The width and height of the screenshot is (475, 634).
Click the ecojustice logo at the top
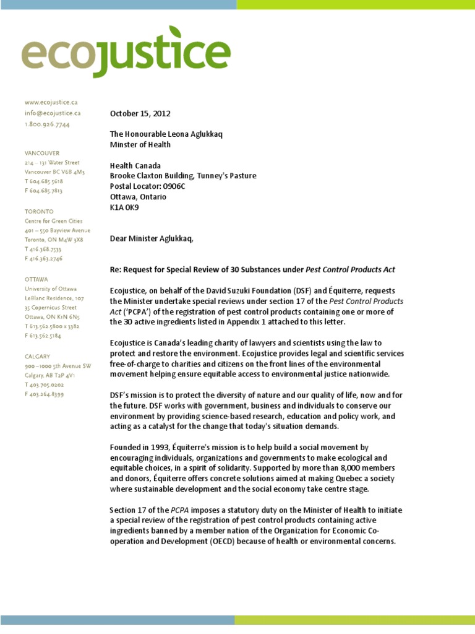point(126,52)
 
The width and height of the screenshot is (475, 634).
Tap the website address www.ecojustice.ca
point(51,102)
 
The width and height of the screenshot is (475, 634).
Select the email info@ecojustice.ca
point(53,113)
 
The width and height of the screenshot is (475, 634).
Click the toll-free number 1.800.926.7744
point(47,124)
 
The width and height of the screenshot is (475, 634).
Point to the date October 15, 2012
point(140,114)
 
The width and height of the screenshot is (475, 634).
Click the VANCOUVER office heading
point(42,152)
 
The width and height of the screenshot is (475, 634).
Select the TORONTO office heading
point(38,211)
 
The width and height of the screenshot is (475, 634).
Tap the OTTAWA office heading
point(36,279)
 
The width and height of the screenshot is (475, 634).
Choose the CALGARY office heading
point(38,356)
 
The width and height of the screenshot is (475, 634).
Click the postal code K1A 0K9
point(124,207)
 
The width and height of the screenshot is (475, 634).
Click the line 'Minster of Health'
point(140,145)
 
